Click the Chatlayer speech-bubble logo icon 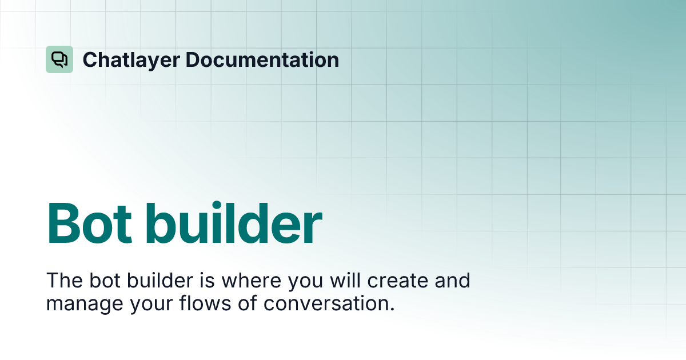[x=59, y=59]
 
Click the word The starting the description [x=61, y=281]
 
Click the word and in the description [x=452, y=281]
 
